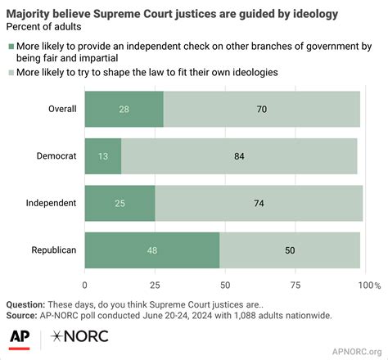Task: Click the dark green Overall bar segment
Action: point(124,110)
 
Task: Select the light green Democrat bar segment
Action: point(239,156)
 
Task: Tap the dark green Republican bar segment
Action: point(152,250)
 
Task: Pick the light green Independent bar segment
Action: point(259,203)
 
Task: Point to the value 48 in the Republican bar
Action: point(153,250)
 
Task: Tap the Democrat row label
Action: point(56,156)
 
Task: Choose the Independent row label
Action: point(51,203)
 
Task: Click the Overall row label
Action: point(61,110)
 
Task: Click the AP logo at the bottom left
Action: point(21,335)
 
